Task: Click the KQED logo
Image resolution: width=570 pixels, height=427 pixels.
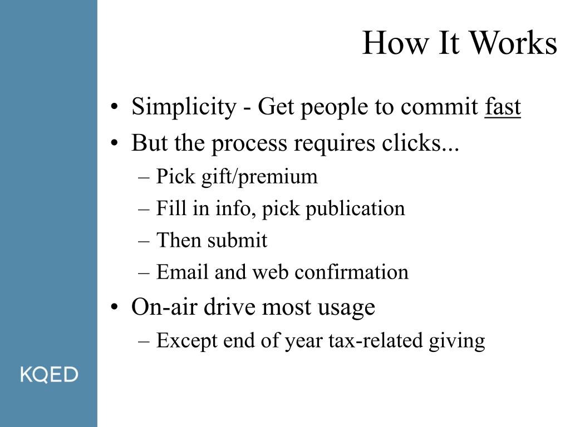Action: click(49, 374)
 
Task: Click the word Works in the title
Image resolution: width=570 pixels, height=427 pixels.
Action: click(514, 43)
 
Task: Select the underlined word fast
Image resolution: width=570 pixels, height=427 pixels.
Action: click(503, 106)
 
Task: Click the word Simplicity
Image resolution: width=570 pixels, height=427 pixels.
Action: click(184, 107)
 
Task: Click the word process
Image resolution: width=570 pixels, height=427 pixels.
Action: click(249, 144)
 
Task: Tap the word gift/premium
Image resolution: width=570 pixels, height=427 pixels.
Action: click(259, 177)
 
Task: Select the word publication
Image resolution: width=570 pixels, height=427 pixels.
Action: click(355, 209)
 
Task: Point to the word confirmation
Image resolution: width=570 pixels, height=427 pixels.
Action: click(352, 272)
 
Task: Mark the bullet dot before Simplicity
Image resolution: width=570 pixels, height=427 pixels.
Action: click(115, 107)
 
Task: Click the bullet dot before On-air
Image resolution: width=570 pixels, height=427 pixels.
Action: click(115, 307)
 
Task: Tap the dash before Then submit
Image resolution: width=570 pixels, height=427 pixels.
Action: click(144, 241)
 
